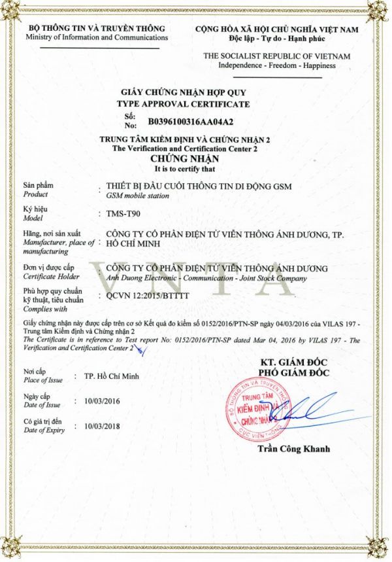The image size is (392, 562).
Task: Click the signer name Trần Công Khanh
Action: click(294, 449)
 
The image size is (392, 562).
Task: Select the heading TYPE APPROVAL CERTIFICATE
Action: click(183, 104)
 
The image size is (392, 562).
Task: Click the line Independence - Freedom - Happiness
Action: click(277, 65)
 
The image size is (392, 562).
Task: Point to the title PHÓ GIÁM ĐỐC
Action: click(294, 373)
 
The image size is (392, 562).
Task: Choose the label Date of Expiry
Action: click(43, 430)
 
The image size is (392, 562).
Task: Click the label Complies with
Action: click(41, 309)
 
